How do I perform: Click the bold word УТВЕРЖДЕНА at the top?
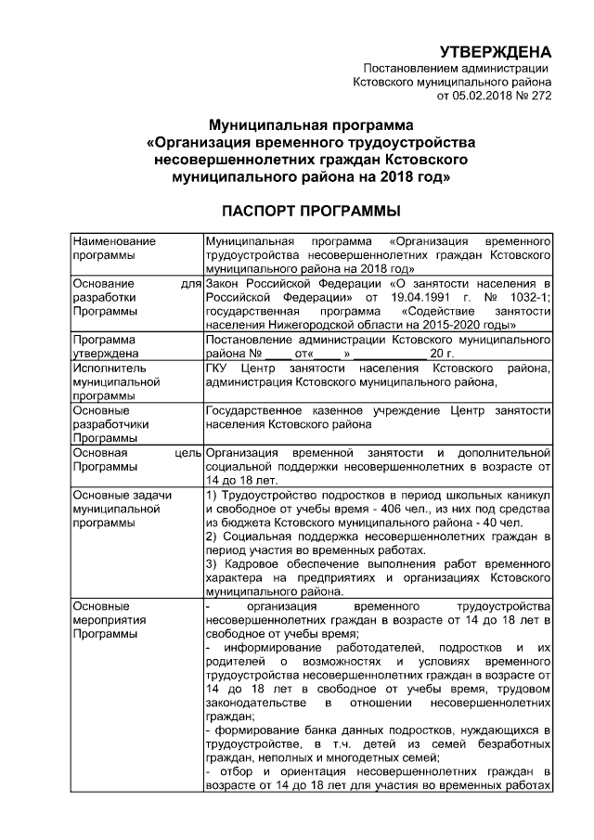495,50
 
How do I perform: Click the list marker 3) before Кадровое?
211,565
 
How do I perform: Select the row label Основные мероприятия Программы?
109,619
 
